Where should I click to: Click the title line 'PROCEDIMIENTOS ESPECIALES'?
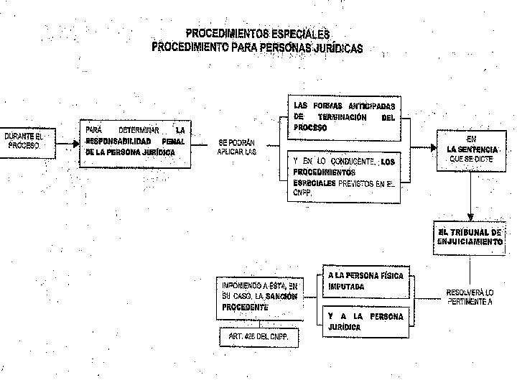(x=257, y=34)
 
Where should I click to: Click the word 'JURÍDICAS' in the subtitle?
(x=333, y=48)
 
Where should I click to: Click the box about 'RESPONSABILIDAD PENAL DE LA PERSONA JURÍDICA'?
(x=135, y=142)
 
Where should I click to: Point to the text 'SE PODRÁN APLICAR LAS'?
(x=236, y=147)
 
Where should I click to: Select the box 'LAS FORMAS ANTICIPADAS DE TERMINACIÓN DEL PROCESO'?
(x=344, y=116)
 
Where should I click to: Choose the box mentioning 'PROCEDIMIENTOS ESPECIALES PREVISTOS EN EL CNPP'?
(x=344, y=177)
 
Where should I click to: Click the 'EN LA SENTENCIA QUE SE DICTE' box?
(x=470, y=149)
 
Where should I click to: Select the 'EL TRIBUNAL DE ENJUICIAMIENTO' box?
(x=470, y=237)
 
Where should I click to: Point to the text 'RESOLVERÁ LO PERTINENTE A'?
(x=470, y=297)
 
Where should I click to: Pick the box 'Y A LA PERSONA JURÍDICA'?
(x=365, y=321)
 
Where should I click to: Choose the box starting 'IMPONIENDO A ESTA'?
(x=259, y=296)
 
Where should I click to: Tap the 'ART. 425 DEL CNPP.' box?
(x=258, y=338)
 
